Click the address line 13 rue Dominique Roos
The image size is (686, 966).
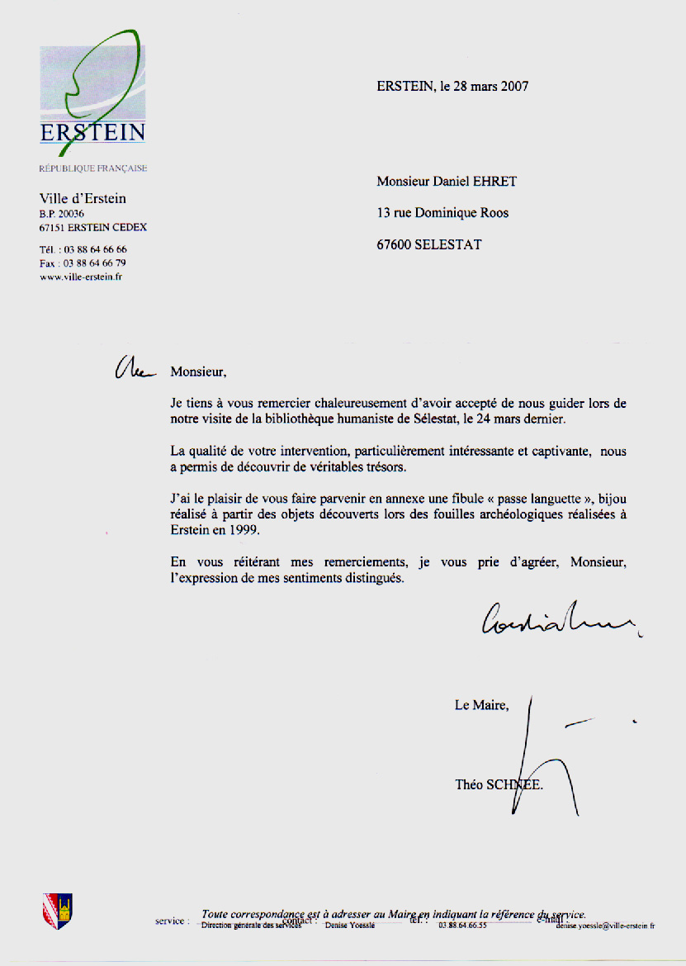(x=442, y=213)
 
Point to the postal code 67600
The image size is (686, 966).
(x=394, y=244)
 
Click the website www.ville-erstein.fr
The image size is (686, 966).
(x=82, y=277)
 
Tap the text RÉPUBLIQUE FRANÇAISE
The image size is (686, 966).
(x=93, y=168)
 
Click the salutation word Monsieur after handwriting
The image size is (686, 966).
(x=197, y=372)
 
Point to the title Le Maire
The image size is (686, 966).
(x=482, y=705)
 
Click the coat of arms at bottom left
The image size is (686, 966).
(x=57, y=911)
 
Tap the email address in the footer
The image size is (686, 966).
(x=605, y=926)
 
